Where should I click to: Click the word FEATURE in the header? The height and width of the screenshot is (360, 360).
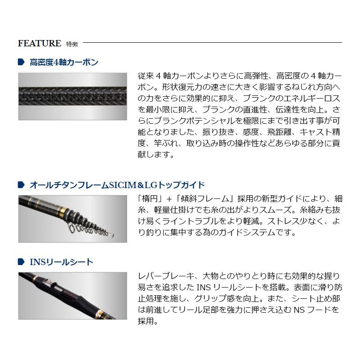pyautogui.click(x=39, y=44)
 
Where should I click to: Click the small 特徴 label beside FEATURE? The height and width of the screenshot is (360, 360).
pyautogui.click(x=72, y=44)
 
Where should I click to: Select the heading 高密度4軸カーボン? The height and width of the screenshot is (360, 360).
pyautogui.click(x=63, y=63)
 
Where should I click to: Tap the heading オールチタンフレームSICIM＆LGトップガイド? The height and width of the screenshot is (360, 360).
pyautogui.click(x=117, y=185)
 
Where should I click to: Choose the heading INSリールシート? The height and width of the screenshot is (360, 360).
pyautogui.click(x=61, y=262)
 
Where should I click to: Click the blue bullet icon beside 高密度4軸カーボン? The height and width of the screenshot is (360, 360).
pyautogui.click(x=21, y=63)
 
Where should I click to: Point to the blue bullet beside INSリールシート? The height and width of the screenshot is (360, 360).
pyautogui.click(x=21, y=262)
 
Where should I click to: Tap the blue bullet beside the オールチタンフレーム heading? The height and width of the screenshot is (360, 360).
pyautogui.click(x=21, y=185)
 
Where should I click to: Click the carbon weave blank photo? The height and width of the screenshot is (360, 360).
pyautogui.click(x=72, y=96)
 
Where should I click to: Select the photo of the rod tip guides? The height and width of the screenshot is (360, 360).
pyautogui.click(x=72, y=219)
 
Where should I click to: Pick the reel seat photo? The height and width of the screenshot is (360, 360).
pyautogui.click(x=72, y=295)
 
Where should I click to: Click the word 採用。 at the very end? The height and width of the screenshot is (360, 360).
pyautogui.click(x=149, y=322)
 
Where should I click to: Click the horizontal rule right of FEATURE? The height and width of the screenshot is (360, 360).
pyautogui.click(x=211, y=43)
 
